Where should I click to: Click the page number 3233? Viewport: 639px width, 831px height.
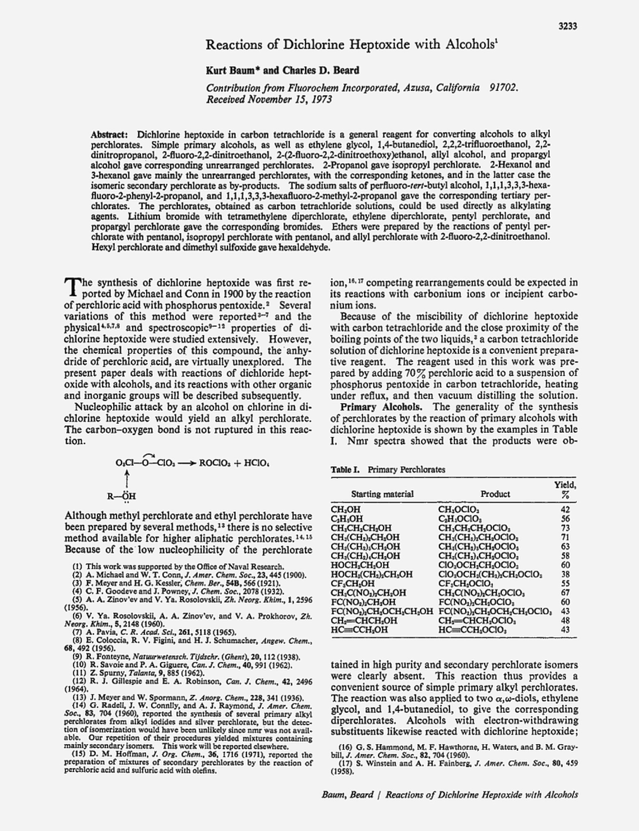[x=568, y=27]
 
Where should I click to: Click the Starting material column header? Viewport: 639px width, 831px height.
[x=382, y=494]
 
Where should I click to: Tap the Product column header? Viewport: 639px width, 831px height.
[x=495, y=494]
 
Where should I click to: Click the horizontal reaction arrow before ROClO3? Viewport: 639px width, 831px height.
[x=188, y=463]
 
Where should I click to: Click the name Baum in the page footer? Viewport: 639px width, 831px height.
[x=333, y=794]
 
